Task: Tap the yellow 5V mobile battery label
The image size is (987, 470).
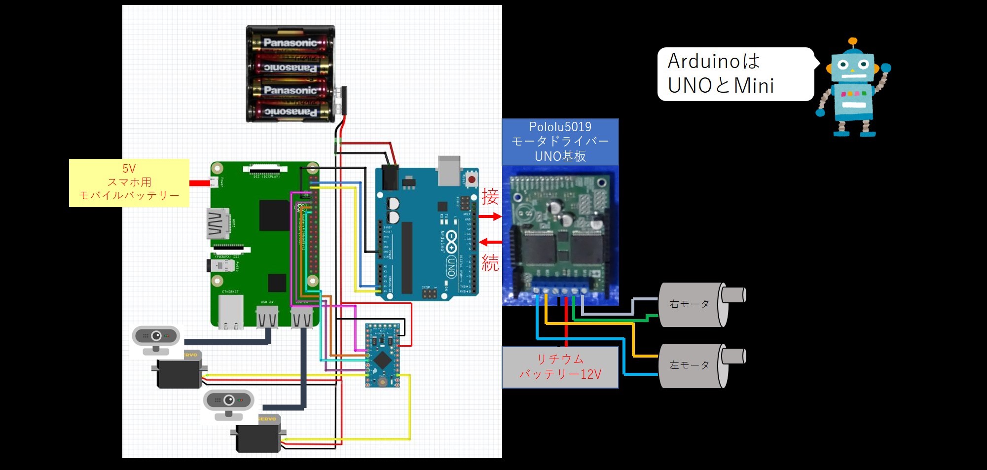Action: (x=129, y=182)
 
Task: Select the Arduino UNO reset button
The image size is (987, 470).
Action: (x=472, y=179)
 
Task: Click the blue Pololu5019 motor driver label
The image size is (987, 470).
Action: (x=560, y=142)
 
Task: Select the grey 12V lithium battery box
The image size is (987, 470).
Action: (x=560, y=367)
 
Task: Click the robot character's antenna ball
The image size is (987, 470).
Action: (x=853, y=42)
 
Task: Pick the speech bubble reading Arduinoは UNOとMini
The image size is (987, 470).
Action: (x=735, y=74)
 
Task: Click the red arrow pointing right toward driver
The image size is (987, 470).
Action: (x=490, y=217)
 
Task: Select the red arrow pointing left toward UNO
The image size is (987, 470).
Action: (x=490, y=242)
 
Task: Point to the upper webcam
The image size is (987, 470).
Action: (x=156, y=338)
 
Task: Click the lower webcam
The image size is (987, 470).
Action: (x=228, y=402)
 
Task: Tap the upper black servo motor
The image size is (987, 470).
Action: (x=179, y=372)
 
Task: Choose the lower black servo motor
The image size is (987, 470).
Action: (x=258, y=436)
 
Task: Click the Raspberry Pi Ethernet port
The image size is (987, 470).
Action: (x=230, y=313)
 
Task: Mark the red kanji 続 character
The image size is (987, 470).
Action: (x=490, y=263)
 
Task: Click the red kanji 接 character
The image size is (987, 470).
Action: (x=490, y=196)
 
